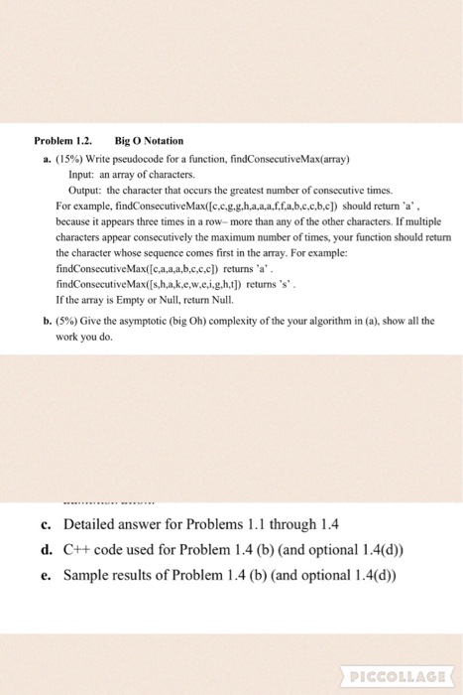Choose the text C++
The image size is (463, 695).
pyautogui.click(x=78, y=549)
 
